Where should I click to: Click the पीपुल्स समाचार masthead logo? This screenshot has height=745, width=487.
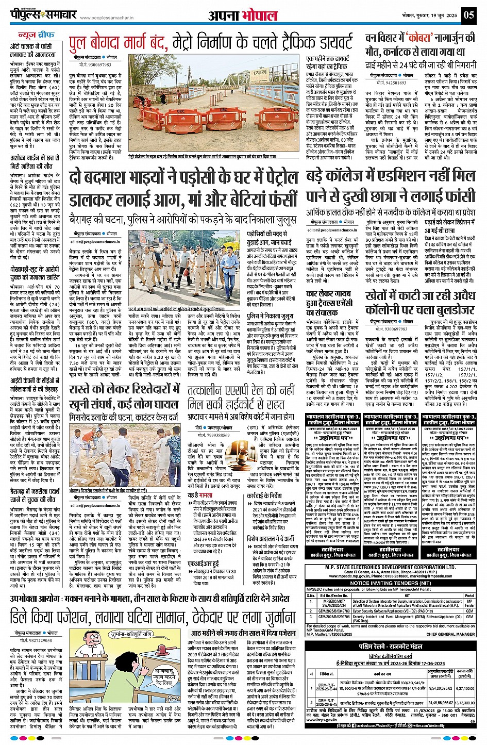tap(44, 14)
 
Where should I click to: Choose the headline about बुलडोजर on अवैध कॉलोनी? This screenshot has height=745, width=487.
tap(419, 302)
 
